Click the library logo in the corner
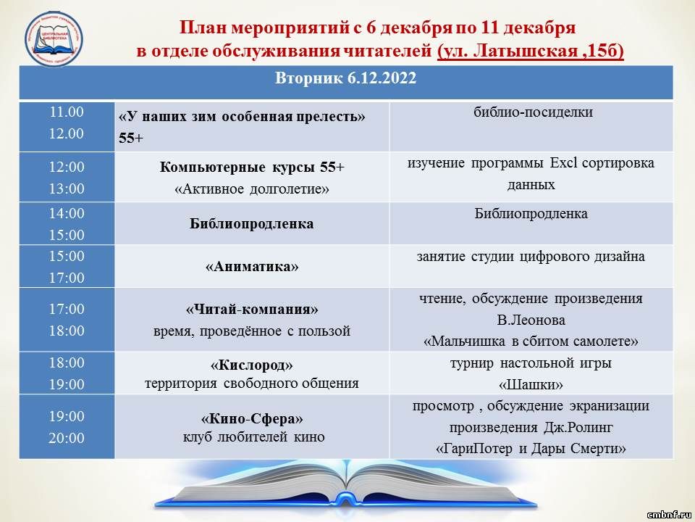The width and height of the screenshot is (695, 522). pos(54,39)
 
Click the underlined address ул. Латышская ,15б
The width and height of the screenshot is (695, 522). pos(531,51)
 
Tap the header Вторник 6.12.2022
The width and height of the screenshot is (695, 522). pos(346,78)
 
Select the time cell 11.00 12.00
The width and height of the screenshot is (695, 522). pos(67,123)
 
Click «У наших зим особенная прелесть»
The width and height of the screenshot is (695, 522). pos(242,117)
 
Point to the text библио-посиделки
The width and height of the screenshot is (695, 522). pos(533,112)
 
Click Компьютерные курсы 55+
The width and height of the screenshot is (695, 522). pos(252,167)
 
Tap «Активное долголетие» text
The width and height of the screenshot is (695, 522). pos(252,189)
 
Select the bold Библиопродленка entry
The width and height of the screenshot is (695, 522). pos(252,223)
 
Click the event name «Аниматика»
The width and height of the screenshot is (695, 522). pos(252,266)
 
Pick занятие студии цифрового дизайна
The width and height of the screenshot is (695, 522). pos(531,257)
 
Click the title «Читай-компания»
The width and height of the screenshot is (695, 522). pos(252,309)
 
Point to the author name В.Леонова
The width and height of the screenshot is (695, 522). pos(531,320)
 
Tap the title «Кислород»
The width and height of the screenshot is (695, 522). pos(252,365)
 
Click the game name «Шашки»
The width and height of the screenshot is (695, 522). pos(531,384)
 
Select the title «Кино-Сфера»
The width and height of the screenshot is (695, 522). pos(252,418)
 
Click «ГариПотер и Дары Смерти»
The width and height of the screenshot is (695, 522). pos(531,449)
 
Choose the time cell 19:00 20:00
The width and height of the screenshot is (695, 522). pos(67,427)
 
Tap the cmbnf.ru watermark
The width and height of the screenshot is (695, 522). pos(669,515)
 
